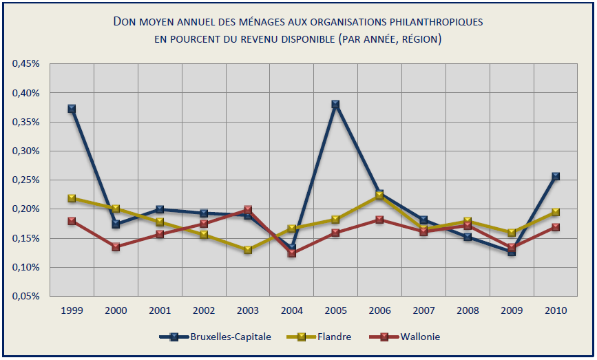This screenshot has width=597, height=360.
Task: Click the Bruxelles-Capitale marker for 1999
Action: click(x=72, y=109)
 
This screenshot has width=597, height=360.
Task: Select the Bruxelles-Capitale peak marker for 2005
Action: click(x=335, y=105)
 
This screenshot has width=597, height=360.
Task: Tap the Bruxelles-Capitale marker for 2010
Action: click(x=556, y=177)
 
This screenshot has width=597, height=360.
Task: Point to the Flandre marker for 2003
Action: click(x=248, y=250)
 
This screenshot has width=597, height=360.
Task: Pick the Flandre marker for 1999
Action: click(x=72, y=198)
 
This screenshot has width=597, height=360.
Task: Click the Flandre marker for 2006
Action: click(x=379, y=195)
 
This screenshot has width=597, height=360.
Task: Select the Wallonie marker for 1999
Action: click(x=72, y=221)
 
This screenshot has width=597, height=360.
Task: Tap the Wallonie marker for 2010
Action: click(x=556, y=227)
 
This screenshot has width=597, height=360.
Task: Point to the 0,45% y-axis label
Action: click(x=27, y=64)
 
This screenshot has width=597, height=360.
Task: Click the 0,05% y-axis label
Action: click(x=27, y=296)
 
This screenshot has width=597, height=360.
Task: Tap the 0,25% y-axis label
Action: click(x=27, y=180)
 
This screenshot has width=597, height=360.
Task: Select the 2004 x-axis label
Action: click(x=292, y=310)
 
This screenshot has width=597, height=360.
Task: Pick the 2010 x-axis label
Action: click(x=556, y=310)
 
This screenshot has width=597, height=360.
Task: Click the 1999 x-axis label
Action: click(x=72, y=310)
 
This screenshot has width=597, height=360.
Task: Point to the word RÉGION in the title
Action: click(x=418, y=39)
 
